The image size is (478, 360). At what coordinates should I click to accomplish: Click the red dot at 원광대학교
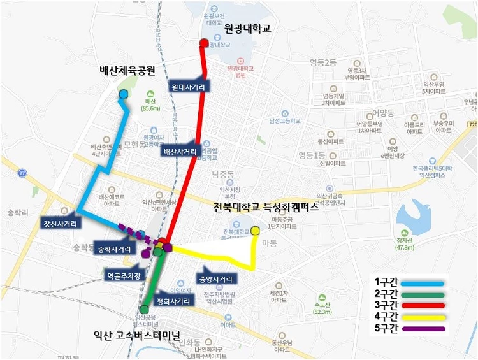coord(204,43)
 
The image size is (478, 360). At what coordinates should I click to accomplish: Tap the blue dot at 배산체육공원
coord(122,95)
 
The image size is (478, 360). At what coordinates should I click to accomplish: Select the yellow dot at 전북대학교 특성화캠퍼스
coord(255,231)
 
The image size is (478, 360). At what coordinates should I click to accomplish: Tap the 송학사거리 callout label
coord(113,248)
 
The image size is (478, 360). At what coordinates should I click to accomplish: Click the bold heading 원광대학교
coord(248,28)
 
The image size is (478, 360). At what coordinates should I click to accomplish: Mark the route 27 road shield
coord(22,173)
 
